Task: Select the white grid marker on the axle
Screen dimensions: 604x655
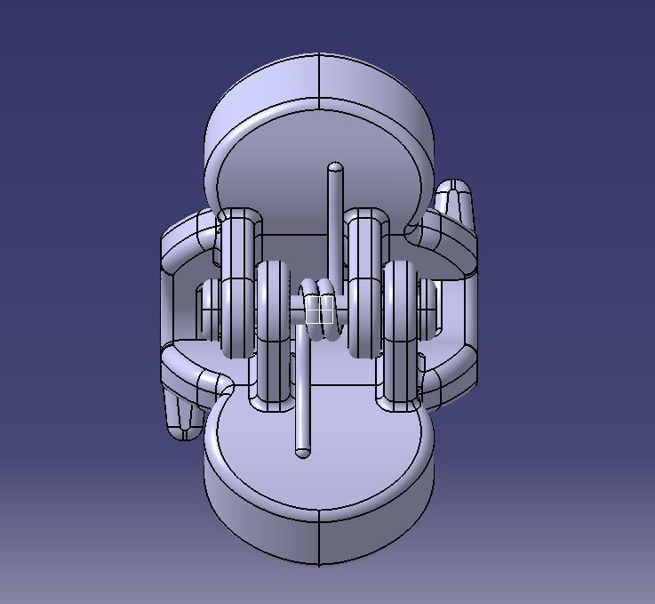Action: (x=319, y=310)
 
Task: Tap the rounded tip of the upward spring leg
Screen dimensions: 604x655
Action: (x=335, y=168)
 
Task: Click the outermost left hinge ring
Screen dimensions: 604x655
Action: (x=237, y=285)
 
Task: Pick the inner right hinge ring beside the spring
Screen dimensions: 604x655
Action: (x=364, y=285)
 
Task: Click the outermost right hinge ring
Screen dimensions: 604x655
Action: (x=402, y=334)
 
